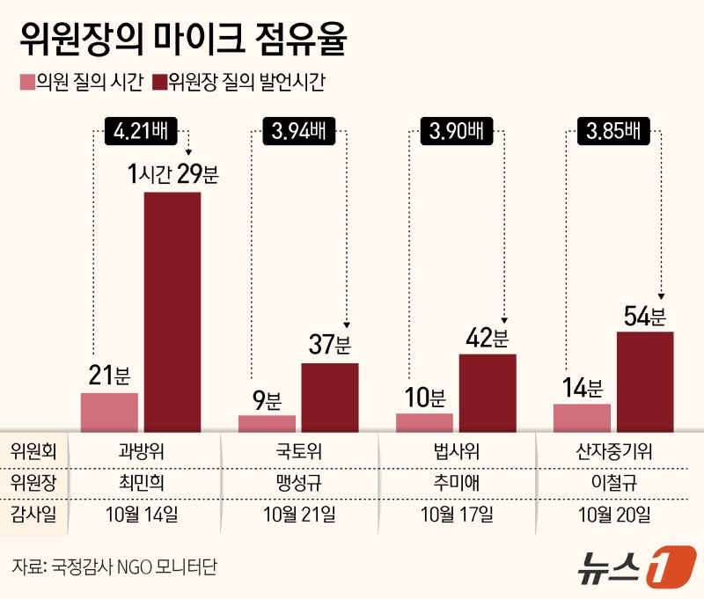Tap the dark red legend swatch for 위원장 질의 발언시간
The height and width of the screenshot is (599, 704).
tap(159, 84)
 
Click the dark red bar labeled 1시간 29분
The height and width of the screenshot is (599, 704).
tap(172, 311)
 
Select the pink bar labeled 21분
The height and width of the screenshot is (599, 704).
tap(109, 413)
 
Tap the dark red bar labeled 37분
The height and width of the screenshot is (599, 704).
tap(330, 397)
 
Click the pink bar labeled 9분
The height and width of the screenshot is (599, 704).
tap(267, 423)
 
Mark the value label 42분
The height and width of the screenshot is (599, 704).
tap(487, 337)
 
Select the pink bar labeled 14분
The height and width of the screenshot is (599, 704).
tap(582, 418)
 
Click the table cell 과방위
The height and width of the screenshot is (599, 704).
tap(141, 452)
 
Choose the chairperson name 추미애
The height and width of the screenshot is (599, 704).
tap(456, 482)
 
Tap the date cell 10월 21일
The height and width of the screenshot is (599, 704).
tap(298, 514)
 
